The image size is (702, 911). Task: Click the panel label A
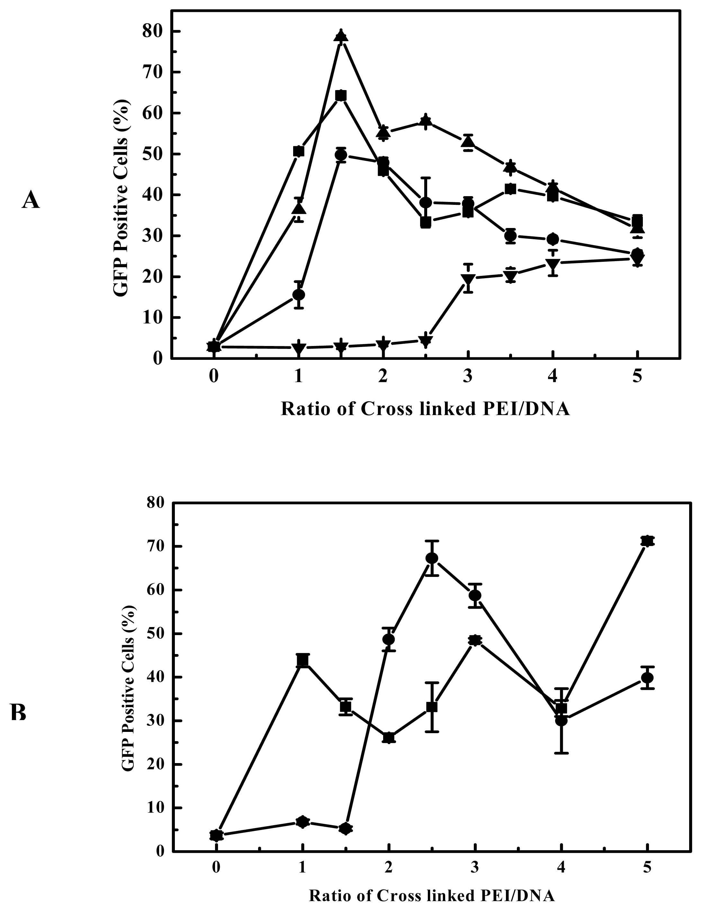coord(31,200)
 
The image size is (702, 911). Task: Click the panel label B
coord(18,713)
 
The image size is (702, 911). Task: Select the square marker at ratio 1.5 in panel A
coord(341,96)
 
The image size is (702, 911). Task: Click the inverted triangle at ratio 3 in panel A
coord(468,279)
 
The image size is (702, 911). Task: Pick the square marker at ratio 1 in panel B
coord(303,661)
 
